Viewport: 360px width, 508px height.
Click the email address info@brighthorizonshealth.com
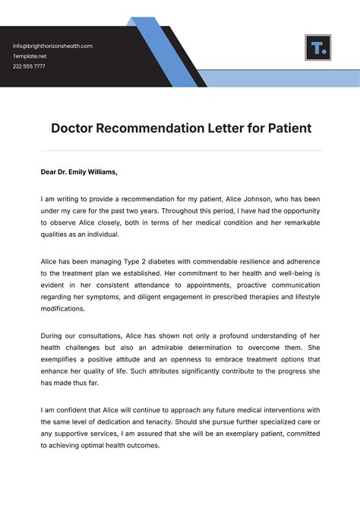point(52,46)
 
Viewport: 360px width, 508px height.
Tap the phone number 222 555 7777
point(29,67)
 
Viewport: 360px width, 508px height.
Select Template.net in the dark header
point(30,56)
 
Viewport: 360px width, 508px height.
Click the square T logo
point(317,47)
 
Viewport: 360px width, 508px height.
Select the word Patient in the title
point(289,128)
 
